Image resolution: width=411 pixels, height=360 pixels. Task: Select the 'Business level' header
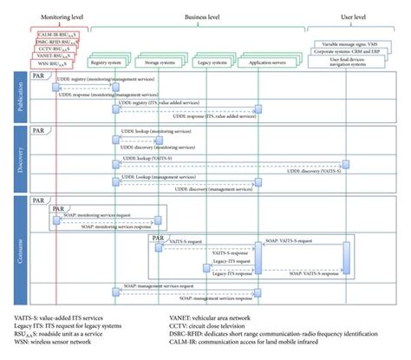click(205, 16)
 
